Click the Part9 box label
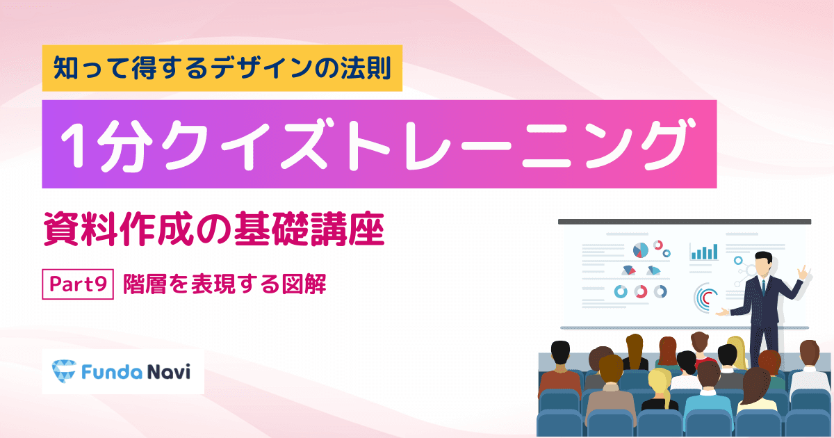tap(78, 284)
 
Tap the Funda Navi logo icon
tap(64, 371)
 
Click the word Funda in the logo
tap(112, 372)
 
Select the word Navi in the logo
tap(169, 372)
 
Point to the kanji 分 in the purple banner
tap(124, 145)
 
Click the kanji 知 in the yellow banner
tap(65, 68)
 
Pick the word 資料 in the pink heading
tap(80, 229)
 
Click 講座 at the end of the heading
tap(347, 229)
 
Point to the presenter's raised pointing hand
tap(803, 273)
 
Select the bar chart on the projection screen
tap(703, 252)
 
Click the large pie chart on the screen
tap(640, 250)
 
